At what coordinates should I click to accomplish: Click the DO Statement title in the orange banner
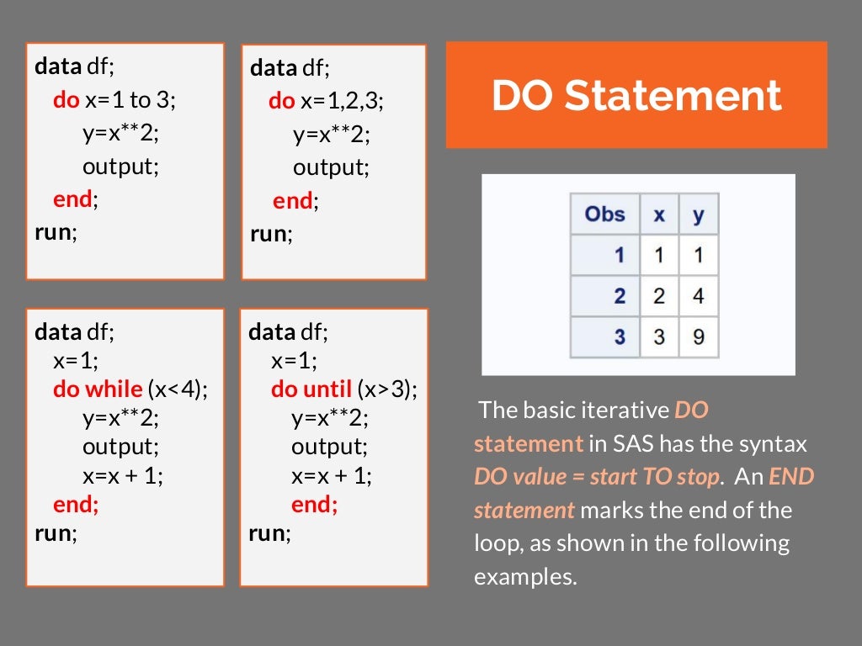(636, 96)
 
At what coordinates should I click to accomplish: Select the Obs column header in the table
(604, 214)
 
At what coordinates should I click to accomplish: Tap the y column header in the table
(698, 214)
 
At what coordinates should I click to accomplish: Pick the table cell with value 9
(698, 337)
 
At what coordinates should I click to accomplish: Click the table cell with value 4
(698, 296)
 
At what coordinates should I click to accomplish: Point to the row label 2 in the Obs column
(620, 296)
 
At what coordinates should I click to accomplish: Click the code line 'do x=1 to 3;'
(114, 100)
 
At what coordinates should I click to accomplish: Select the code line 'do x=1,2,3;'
(326, 102)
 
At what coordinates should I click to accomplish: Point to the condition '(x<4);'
(178, 389)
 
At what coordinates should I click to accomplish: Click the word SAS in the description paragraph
(678, 443)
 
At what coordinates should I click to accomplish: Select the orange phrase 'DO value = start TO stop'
(598, 477)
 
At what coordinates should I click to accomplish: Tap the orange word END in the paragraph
(790, 477)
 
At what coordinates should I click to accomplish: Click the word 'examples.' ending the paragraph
(525, 577)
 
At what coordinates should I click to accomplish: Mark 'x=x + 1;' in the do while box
(123, 475)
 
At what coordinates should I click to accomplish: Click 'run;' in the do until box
(270, 532)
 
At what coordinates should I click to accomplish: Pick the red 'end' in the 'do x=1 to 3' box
(72, 199)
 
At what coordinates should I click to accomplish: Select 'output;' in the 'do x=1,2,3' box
(331, 167)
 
